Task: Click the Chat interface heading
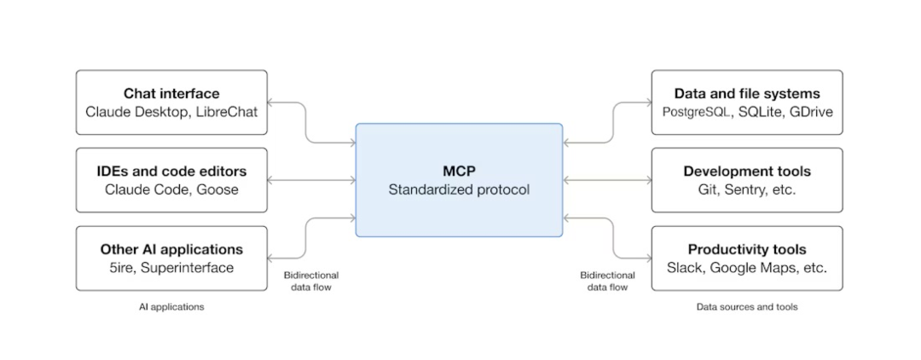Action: tap(171, 93)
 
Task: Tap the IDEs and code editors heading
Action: tap(171, 171)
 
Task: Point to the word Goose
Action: tap(218, 189)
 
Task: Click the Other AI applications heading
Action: tap(171, 250)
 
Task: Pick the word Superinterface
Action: tap(188, 268)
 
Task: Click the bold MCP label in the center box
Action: tap(459, 171)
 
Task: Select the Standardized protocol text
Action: tap(459, 189)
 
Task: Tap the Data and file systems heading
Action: tap(747, 93)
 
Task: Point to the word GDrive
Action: tap(812, 112)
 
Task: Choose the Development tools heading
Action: tap(747, 171)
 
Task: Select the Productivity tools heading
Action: tap(747, 250)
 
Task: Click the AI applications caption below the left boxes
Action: tap(171, 306)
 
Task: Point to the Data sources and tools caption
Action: tap(747, 306)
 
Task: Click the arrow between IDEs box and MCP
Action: tap(311, 180)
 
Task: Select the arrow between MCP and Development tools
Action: tap(607, 180)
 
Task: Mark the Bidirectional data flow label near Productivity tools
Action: tap(607, 282)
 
